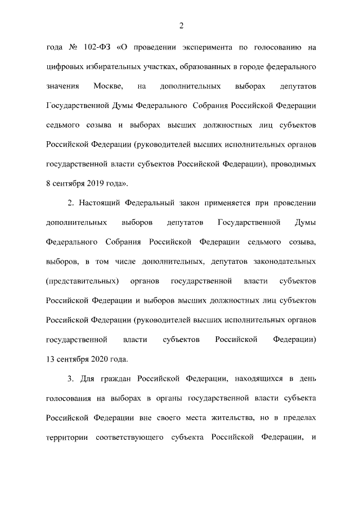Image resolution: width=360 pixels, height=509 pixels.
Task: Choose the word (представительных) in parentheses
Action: click(82, 281)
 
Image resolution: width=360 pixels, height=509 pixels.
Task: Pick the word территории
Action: click(67, 437)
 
